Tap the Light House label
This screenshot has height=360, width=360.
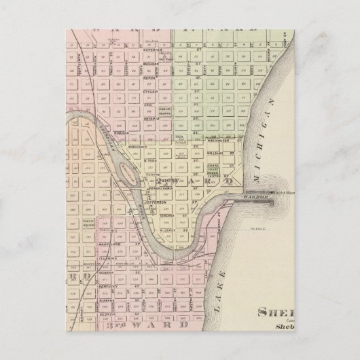pos(275,194)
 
